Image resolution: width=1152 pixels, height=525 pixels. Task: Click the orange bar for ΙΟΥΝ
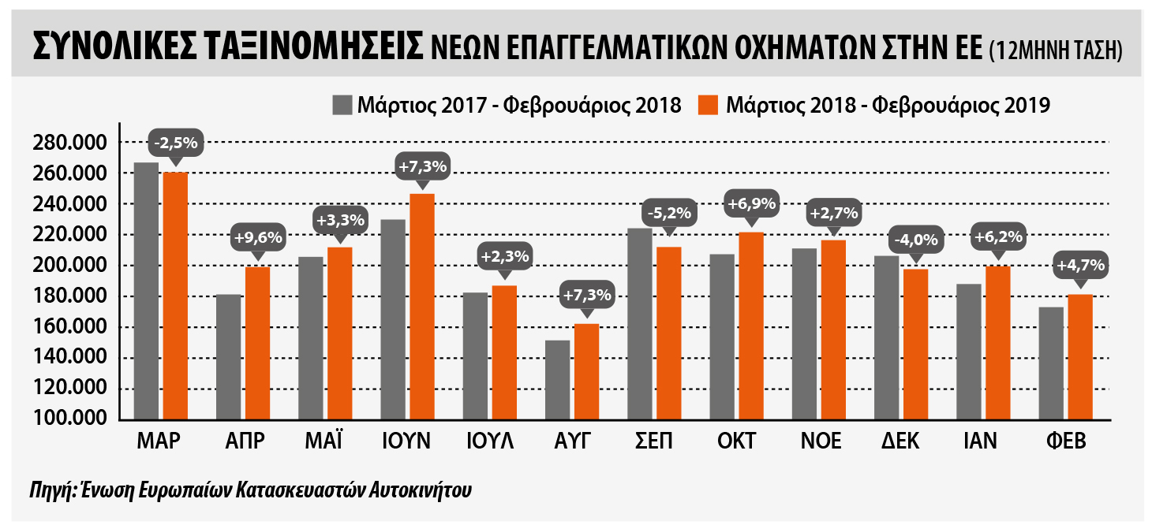(x=422, y=307)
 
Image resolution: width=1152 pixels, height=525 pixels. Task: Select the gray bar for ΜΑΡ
(x=146, y=291)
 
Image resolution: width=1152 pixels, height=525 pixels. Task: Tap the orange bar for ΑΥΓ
(x=587, y=372)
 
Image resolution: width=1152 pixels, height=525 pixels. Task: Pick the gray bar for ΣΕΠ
(x=640, y=324)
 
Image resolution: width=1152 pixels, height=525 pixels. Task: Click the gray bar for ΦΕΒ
(x=1051, y=363)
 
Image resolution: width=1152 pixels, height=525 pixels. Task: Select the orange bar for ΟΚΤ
(x=751, y=326)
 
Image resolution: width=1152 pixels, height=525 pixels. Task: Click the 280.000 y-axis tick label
(x=70, y=143)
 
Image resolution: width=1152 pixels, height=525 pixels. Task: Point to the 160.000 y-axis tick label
(x=70, y=326)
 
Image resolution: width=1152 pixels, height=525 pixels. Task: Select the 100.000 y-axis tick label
(x=70, y=418)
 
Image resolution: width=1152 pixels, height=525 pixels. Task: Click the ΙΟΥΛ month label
(x=490, y=441)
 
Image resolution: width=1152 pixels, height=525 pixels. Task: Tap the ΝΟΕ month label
(x=821, y=441)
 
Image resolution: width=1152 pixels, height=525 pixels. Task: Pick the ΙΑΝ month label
(x=980, y=441)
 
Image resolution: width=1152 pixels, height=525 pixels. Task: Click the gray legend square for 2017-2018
(x=342, y=105)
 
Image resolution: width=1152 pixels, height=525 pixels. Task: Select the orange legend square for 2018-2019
(x=709, y=105)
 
